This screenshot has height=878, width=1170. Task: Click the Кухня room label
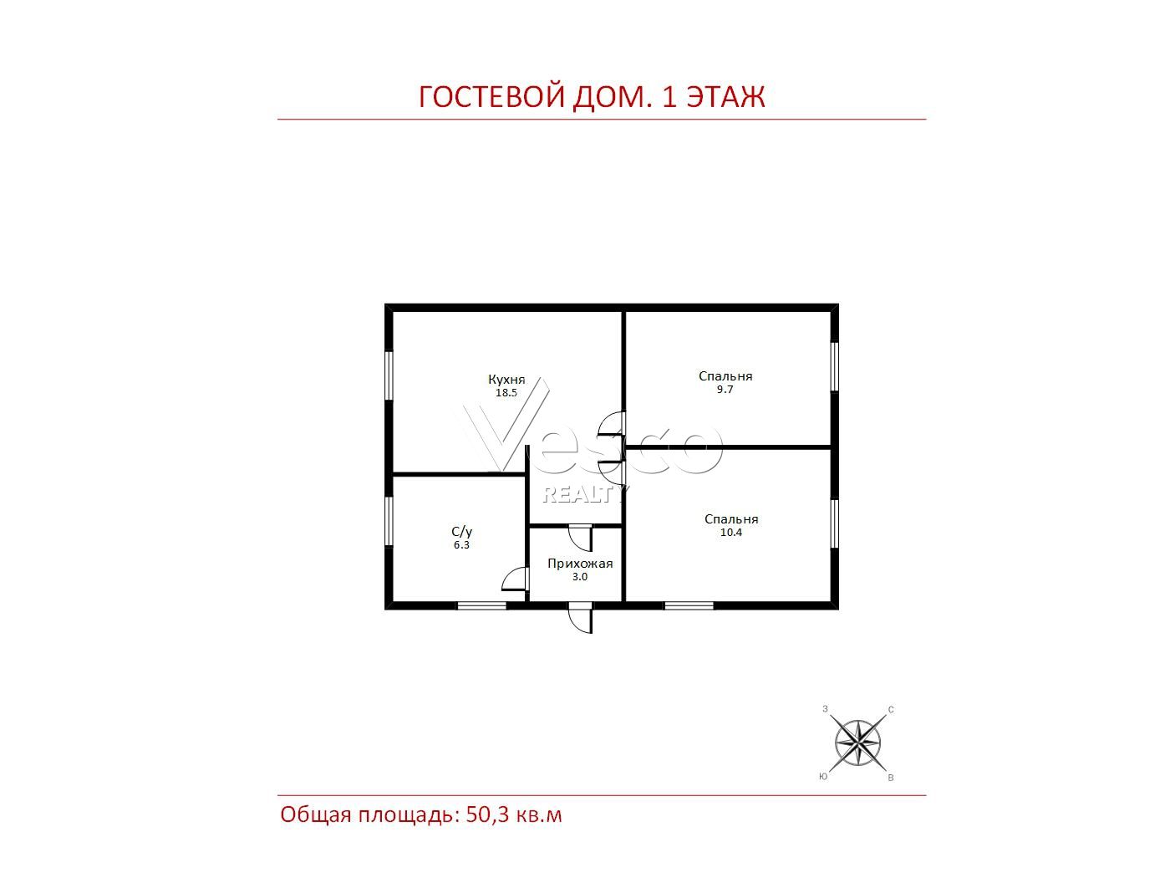click(x=506, y=380)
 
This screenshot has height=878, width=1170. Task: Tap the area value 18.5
click(x=506, y=393)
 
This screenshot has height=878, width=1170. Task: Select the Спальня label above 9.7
click(x=725, y=376)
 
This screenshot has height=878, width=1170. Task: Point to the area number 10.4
click(x=730, y=532)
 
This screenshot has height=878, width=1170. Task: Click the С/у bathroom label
click(x=461, y=532)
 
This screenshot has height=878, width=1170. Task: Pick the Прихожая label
click(x=580, y=564)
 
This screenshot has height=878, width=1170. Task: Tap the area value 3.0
click(x=579, y=577)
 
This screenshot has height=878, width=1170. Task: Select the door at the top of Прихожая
click(x=581, y=539)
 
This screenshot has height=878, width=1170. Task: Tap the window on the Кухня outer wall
click(x=389, y=375)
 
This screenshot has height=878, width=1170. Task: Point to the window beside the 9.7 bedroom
click(x=834, y=367)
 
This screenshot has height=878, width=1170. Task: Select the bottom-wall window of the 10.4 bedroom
click(x=689, y=605)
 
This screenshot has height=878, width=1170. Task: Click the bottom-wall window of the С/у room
click(x=481, y=605)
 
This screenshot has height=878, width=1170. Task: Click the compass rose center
click(x=857, y=742)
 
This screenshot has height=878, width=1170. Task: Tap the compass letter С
click(x=891, y=710)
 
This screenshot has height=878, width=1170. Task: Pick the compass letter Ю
click(x=823, y=777)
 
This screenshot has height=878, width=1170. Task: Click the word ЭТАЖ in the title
click(x=725, y=97)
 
